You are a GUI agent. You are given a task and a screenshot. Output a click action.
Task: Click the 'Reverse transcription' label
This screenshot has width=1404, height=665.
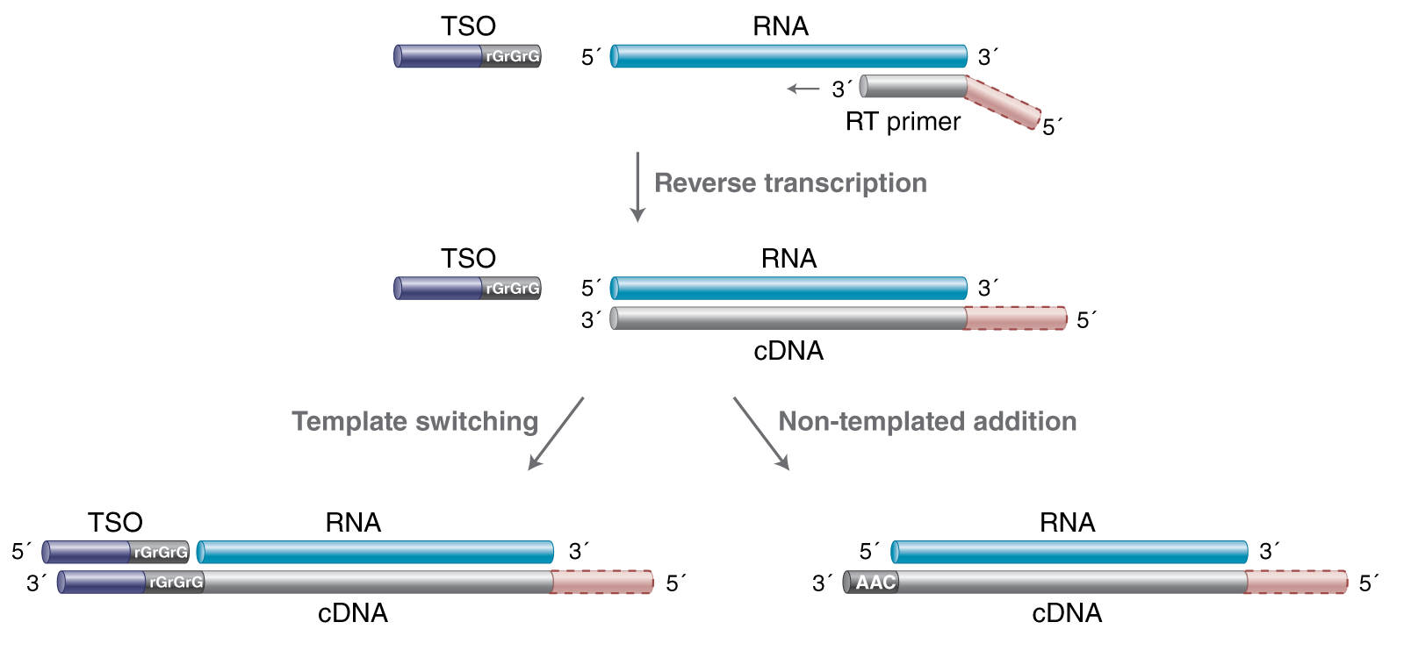point(790,182)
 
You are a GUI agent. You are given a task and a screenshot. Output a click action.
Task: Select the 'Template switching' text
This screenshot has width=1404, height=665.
point(414,421)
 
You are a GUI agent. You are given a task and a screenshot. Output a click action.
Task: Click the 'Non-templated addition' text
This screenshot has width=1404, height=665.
point(927,421)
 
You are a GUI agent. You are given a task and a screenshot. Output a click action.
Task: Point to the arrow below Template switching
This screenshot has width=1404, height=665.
point(555,434)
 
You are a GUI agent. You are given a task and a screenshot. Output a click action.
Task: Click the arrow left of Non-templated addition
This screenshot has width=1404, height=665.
point(761,434)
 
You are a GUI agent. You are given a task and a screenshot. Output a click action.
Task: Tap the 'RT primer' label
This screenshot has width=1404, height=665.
point(903,121)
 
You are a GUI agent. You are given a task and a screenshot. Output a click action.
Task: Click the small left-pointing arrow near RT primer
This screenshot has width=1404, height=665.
point(803,89)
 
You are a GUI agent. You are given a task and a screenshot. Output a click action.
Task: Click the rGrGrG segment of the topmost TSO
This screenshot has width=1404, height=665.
point(511,56)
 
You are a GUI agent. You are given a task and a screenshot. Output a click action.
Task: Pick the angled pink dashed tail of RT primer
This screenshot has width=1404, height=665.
point(1003,104)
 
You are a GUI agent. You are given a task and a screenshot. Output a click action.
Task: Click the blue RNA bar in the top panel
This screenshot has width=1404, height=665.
point(788,56)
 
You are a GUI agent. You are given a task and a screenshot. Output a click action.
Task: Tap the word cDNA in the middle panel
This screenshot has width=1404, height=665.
point(788,351)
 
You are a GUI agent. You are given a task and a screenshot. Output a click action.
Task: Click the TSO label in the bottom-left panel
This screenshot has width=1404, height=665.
point(115,522)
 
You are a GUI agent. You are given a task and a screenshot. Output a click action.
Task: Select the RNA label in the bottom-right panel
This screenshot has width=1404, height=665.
point(1067,522)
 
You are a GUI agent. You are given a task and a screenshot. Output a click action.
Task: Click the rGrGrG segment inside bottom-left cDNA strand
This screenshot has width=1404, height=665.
point(175,582)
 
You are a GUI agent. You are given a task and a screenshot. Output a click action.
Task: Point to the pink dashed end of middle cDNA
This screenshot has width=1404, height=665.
point(1016,318)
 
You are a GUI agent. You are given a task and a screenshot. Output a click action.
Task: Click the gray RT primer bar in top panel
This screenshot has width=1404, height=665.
point(913,86)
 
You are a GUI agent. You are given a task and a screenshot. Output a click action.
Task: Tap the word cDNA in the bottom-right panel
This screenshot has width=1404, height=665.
point(1066,612)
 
